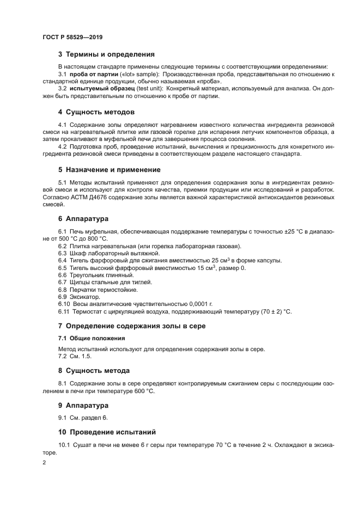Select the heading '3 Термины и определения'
(x=106, y=54)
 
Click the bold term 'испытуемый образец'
(x=102, y=89)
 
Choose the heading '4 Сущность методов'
(x=96, y=112)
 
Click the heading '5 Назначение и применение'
(x=109, y=169)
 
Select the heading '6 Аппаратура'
(x=83, y=219)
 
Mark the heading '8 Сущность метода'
(x=94, y=371)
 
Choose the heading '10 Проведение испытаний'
(x=107, y=432)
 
